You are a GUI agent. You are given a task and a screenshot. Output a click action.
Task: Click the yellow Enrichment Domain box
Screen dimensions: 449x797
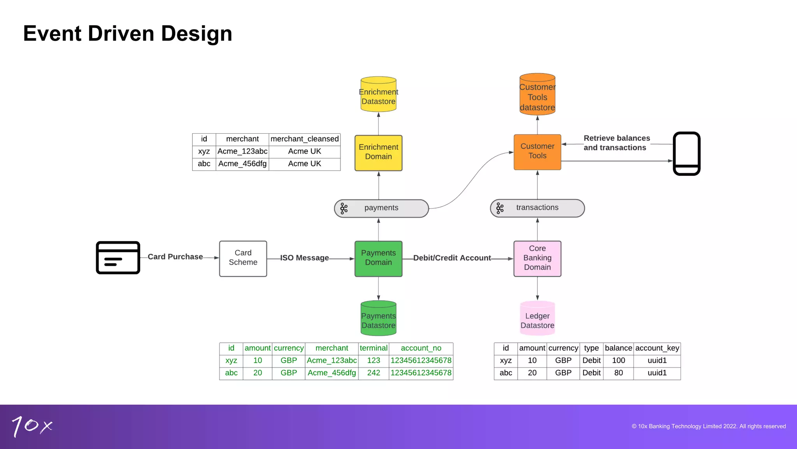(378, 153)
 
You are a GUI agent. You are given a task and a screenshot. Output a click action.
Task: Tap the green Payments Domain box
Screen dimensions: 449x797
(378, 258)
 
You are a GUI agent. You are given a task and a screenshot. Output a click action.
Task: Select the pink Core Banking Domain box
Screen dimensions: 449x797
(537, 258)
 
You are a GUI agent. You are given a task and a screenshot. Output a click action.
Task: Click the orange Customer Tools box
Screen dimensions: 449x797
(537, 152)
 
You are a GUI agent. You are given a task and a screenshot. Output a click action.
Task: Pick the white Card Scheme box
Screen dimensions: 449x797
(243, 258)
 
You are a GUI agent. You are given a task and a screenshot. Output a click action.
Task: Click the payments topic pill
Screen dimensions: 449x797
(381, 208)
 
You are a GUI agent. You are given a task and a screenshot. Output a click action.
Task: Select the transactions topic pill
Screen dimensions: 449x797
(537, 208)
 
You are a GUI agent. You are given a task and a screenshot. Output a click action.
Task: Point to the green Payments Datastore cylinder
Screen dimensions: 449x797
(378, 318)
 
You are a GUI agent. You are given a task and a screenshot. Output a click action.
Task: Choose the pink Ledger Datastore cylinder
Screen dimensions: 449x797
(537, 318)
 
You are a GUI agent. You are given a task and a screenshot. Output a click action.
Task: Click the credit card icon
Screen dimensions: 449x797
(118, 258)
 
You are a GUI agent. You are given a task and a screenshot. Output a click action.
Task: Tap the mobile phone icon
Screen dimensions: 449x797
(686, 154)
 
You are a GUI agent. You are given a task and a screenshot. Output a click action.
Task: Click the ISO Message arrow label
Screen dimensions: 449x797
(304, 258)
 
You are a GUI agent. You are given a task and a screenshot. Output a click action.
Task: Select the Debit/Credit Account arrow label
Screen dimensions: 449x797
(452, 258)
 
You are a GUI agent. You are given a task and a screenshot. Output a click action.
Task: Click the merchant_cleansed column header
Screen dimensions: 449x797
(304, 139)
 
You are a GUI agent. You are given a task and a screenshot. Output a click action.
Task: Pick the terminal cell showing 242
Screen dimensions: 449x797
(373, 373)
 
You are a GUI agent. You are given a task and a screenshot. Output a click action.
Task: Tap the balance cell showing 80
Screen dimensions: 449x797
(618, 373)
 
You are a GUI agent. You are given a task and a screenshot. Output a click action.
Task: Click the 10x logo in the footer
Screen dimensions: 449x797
(32, 426)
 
